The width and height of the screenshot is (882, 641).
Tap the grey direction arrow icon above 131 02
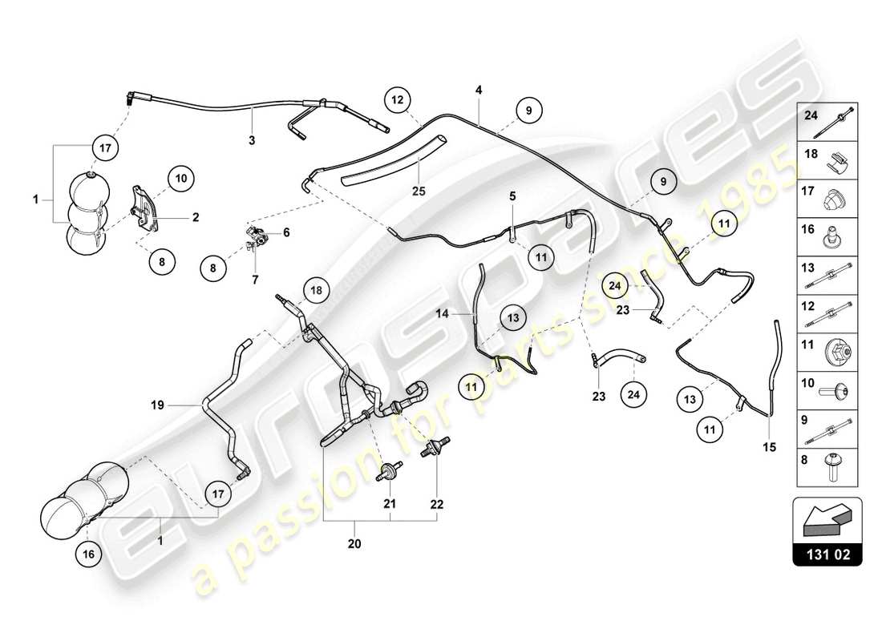pyautogui.click(x=827, y=519)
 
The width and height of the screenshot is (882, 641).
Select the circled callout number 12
pyautogui.click(x=398, y=100)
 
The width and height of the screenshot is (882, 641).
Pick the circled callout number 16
pyautogui.click(x=91, y=553)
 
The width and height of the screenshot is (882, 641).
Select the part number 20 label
pyautogui.click(x=354, y=544)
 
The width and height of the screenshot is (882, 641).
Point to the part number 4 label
pyautogui.click(x=479, y=91)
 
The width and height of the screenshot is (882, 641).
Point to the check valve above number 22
pyautogui.click(x=438, y=445)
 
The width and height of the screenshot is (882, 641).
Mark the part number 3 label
pyautogui.click(x=251, y=140)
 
